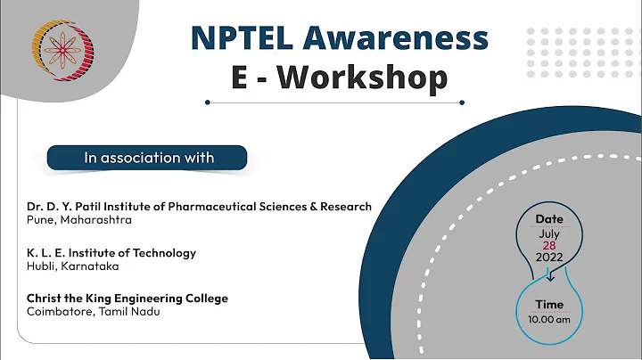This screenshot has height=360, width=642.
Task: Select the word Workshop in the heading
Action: (361, 78)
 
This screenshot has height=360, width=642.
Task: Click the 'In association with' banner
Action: (149, 158)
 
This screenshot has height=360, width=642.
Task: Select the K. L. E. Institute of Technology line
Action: (111, 253)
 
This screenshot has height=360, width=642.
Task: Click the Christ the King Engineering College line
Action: (128, 299)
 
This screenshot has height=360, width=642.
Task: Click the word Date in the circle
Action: (549, 218)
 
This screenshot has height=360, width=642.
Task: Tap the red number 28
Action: (549, 244)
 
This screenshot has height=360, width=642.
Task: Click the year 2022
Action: (549, 257)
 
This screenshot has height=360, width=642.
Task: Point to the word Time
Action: (549, 305)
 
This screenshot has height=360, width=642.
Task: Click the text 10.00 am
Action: (549, 318)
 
